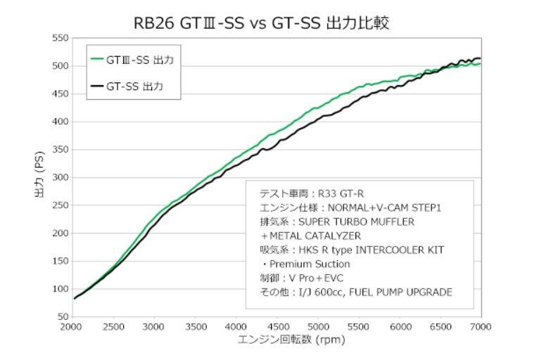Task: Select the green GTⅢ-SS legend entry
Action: coord(139,60)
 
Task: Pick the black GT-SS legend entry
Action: coord(134,87)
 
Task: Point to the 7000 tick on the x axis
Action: coord(482,327)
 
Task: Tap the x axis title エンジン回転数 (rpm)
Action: coord(277,340)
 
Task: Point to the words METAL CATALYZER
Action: coord(321,236)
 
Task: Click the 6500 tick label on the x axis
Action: coord(441,327)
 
